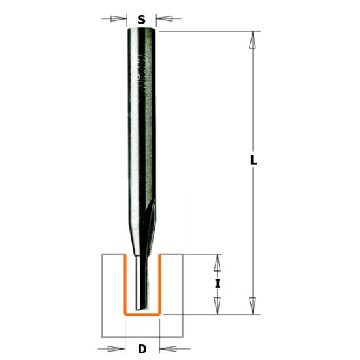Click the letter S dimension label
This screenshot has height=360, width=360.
141,20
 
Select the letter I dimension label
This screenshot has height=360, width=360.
218,284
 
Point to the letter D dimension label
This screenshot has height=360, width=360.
142,349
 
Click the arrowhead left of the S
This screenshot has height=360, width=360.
120,19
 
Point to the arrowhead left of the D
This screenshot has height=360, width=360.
117,348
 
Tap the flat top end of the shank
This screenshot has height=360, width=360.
141,29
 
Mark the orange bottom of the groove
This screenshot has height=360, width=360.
142,314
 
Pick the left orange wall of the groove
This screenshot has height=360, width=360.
124,284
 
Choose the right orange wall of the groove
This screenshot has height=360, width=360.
160,284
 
